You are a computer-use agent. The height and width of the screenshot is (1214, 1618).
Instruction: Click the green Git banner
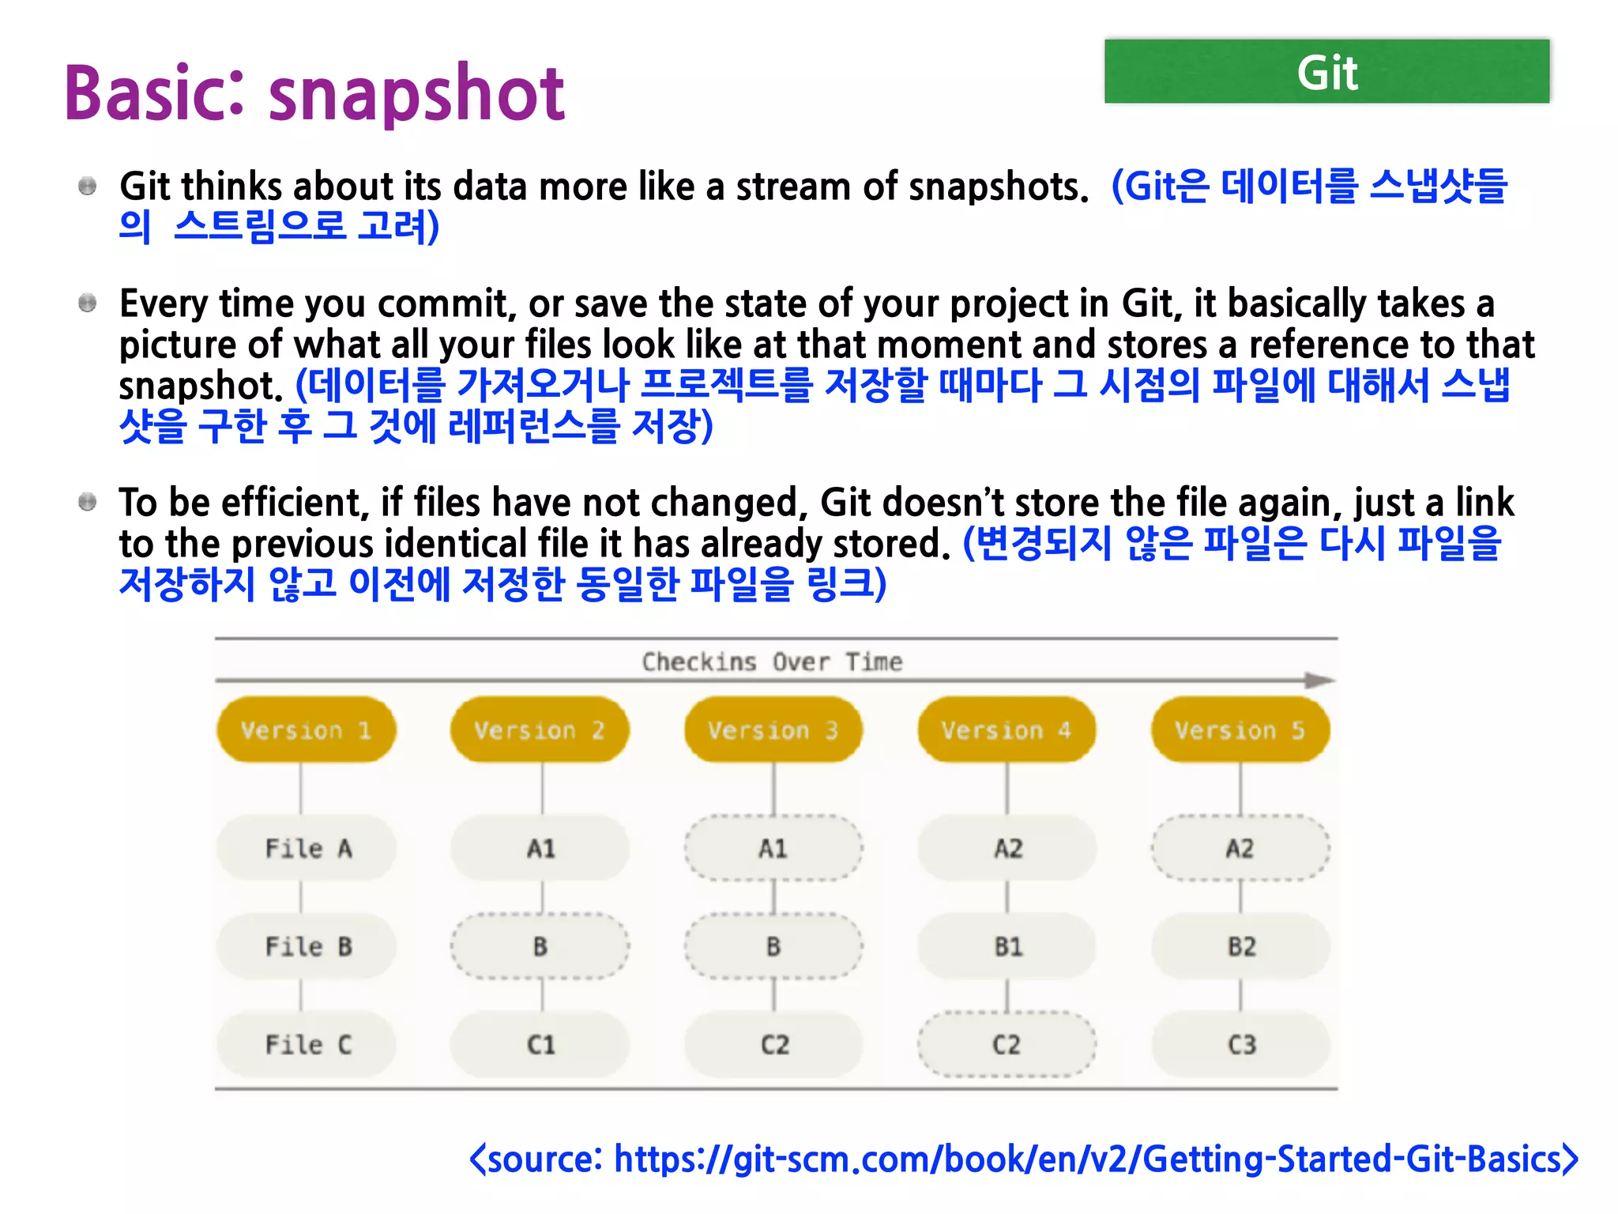(1326, 71)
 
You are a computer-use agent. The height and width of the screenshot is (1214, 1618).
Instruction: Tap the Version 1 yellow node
(306, 730)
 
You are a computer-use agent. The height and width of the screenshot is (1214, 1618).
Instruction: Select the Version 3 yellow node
(773, 730)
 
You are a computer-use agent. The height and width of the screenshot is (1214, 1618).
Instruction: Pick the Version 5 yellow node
(1240, 730)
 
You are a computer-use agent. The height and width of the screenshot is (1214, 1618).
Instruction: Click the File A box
(307, 848)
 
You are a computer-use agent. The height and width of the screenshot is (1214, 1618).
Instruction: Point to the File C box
(307, 1044)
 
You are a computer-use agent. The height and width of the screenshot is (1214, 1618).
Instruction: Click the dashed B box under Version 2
(540, 946)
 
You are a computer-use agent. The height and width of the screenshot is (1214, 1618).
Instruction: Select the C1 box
(540, 1044)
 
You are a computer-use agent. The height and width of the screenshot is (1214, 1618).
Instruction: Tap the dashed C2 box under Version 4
(1007, 1044)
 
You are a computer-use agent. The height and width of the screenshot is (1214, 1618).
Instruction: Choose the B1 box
(1007, 946)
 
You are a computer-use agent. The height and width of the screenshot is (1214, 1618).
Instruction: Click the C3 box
(1240, 1044)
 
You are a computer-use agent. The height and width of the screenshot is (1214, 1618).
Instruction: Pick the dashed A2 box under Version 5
(1240, 848)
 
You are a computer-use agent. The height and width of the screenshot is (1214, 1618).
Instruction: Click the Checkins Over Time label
(772, 662)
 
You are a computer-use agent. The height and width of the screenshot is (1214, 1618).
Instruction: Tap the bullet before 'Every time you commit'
(88, 303)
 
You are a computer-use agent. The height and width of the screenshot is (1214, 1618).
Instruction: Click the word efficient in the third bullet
(290, 503)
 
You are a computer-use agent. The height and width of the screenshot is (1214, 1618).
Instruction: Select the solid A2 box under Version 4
(1007, 848)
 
